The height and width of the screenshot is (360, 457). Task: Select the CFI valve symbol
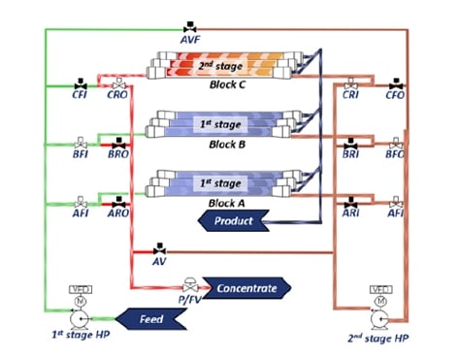[x=81, y=85]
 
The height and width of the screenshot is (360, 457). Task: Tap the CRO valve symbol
[x=115, y=85]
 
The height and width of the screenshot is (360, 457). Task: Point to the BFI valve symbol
[x=81, y=143]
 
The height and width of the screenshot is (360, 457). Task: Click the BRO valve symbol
[x=115, y=143]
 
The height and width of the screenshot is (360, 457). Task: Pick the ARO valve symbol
[x=115, y=201]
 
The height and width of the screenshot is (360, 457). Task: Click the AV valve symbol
[x=159, y=248]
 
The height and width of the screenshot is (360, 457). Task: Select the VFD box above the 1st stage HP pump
[x=81, y=290]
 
